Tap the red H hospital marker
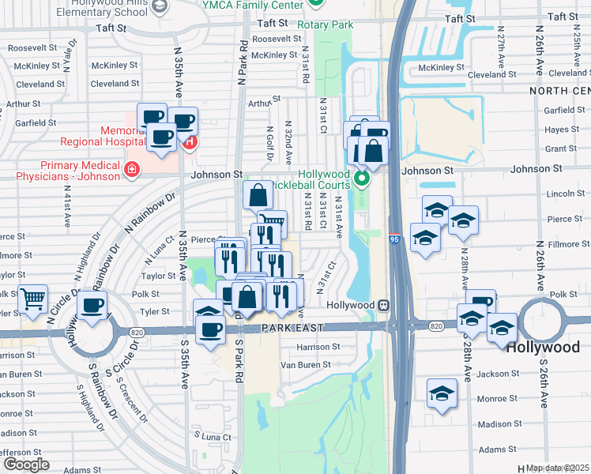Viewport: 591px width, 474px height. (x=190, y=143)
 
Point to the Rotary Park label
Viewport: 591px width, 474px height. (x=325, y=24)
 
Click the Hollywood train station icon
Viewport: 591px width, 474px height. (x=383, y=305)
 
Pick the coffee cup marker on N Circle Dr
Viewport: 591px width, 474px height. (x=92, y=306)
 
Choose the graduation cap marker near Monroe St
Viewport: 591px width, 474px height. (x=442, y=393)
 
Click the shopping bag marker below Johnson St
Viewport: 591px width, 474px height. (x=258, y=194)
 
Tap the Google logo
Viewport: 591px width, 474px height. (x=26, y=465)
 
